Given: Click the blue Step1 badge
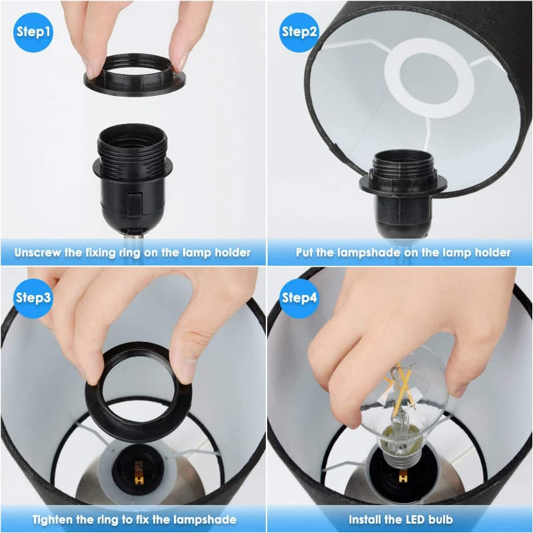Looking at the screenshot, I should [x=33, y=31].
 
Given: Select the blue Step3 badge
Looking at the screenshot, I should [x=33, y=298].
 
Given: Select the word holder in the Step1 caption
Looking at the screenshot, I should [x=232, y=253].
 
